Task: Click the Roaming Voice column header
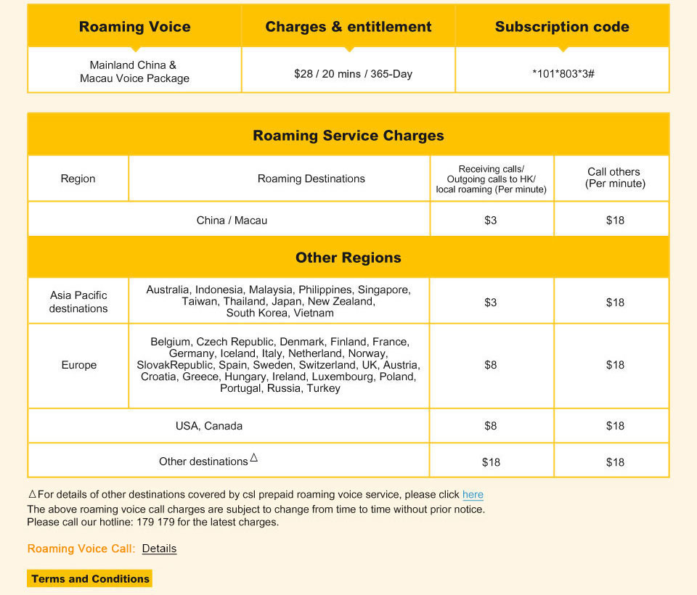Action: point(134,27)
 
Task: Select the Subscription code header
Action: point(562,27)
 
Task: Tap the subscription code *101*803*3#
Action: point(563,74)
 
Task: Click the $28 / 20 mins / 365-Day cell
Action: point(353,74)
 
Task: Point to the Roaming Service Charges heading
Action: point(348,136)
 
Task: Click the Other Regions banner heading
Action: point(348,258)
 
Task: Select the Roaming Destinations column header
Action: point(311,178)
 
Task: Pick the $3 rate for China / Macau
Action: point(491,220)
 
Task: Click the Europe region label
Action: point(79,365)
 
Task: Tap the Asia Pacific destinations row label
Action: point(78,302)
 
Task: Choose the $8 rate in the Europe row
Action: point(491,365)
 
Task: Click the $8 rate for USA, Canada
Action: point(491,426)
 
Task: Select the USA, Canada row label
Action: point(209,426)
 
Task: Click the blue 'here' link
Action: point(473,495)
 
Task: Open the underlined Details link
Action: point(159,549)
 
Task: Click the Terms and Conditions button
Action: point(90,579)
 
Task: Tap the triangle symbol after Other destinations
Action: point(254,458)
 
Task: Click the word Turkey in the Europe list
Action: point(324,388)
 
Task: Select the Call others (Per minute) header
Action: point(615,178)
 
